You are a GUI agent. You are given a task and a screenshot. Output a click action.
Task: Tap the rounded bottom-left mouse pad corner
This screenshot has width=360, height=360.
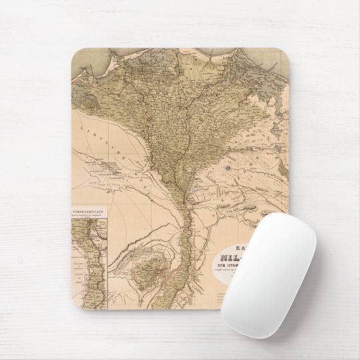75,305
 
